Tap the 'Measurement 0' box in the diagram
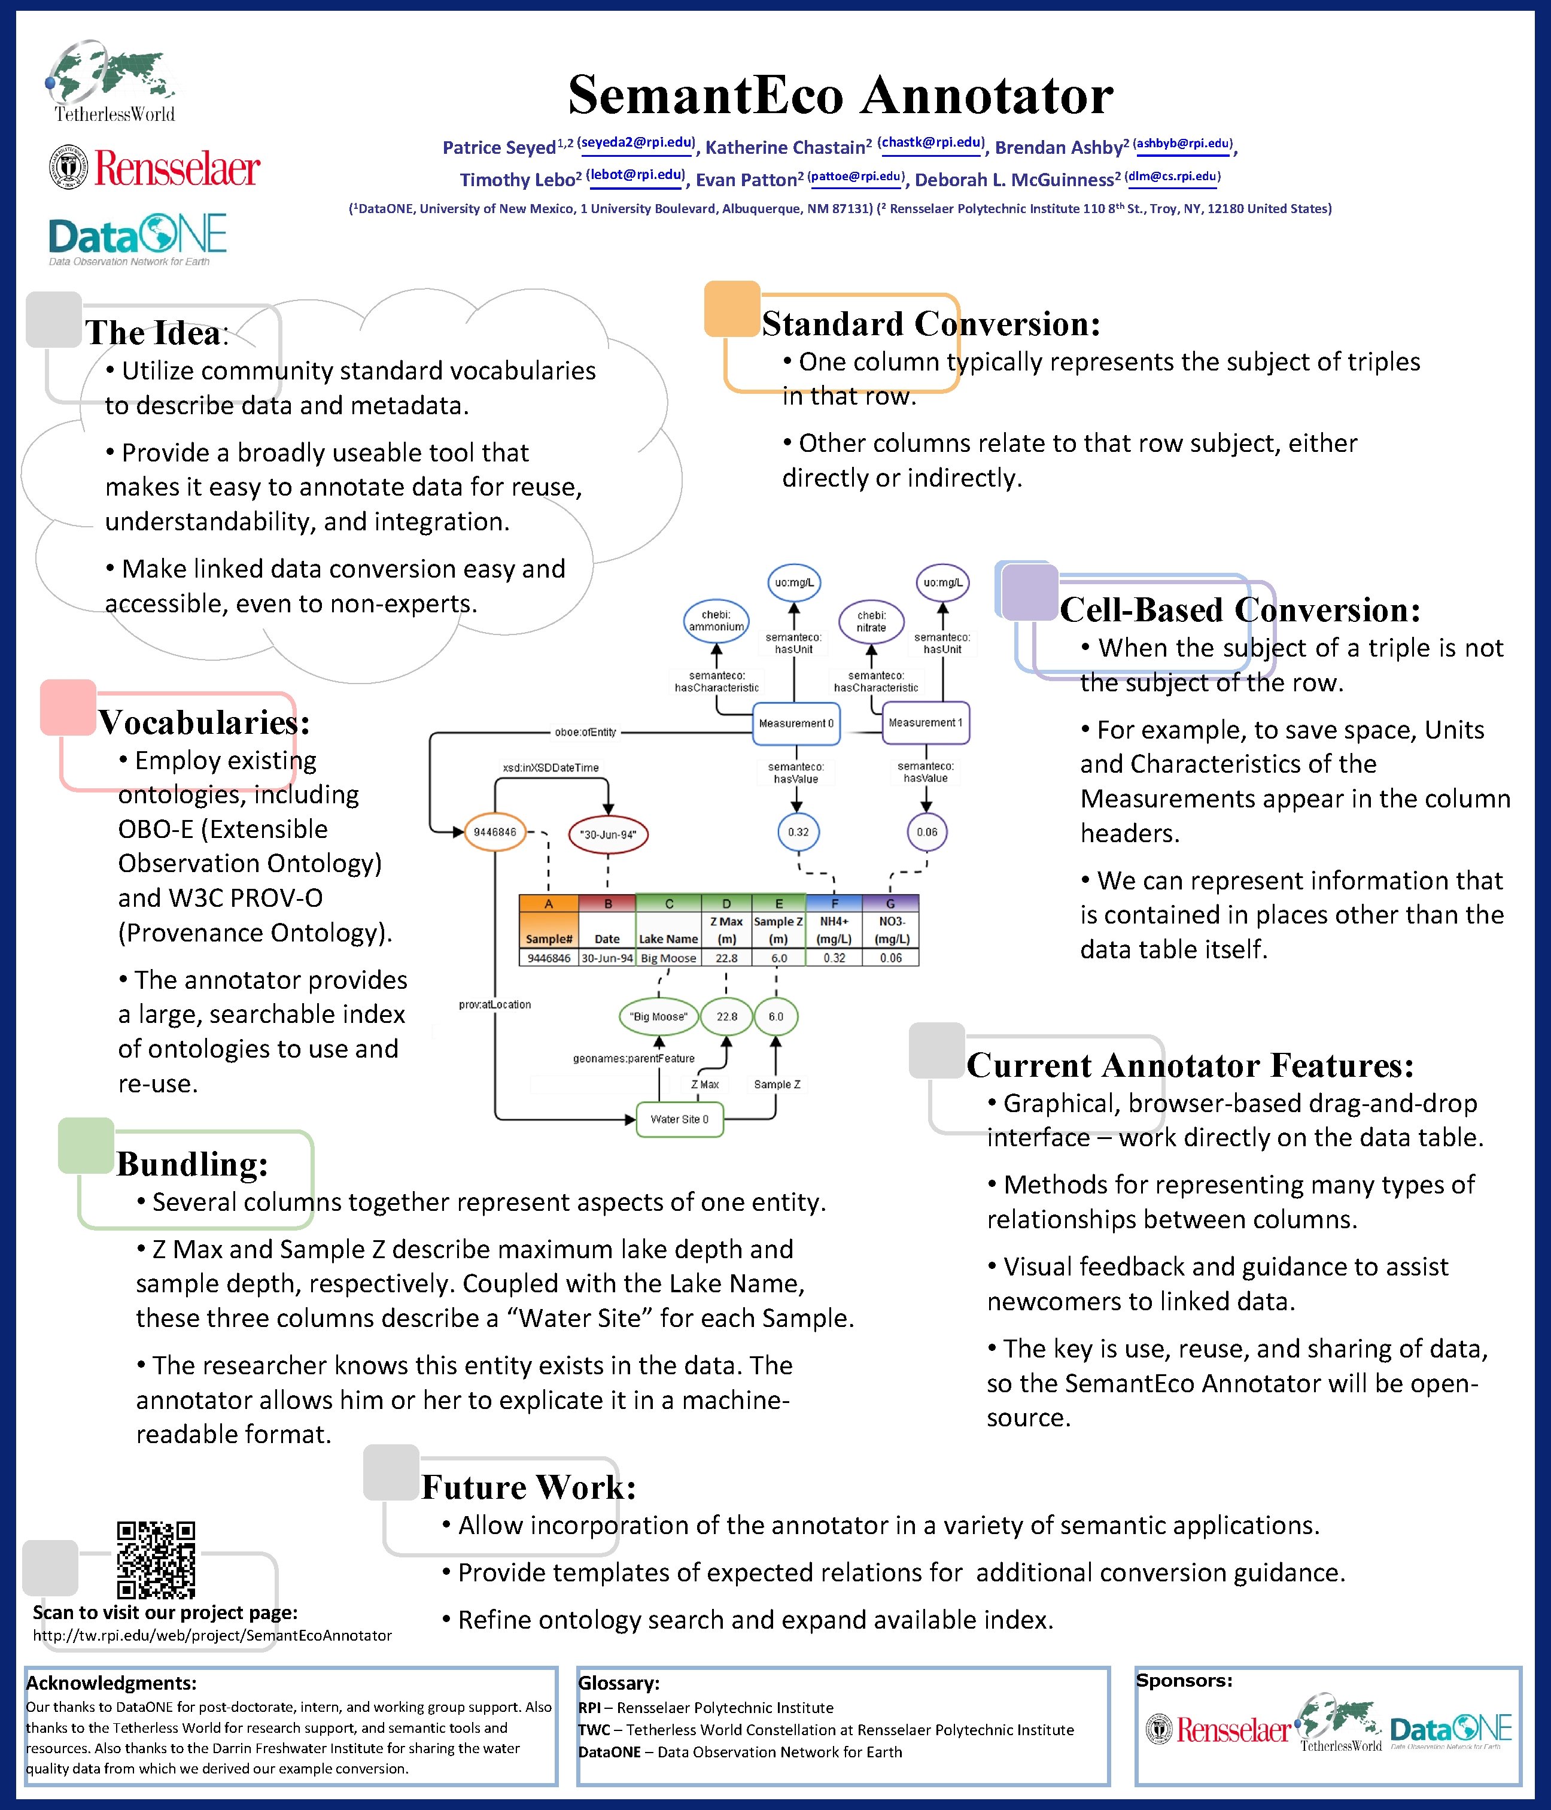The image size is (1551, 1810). point(796,723)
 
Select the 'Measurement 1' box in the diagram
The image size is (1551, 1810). point(926,722)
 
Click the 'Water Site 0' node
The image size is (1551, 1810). point(679,1119)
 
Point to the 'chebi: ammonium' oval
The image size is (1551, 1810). point(716,620)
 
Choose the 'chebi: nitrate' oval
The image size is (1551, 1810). point(871,621)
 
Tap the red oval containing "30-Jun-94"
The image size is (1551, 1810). point(608,834)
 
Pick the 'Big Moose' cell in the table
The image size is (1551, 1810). point(668,958)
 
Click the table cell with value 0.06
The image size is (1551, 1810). point(891,958)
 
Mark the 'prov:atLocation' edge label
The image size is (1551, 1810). point(494,1004)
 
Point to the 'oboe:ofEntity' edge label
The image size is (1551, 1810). point(585,732)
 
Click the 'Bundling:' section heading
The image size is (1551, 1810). point(192,1164)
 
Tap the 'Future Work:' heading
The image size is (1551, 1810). point(528,1487)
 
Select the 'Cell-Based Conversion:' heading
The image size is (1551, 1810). point(1240,610)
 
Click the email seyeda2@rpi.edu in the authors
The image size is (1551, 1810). point(637,142)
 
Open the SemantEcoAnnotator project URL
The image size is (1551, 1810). point(212,1635)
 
